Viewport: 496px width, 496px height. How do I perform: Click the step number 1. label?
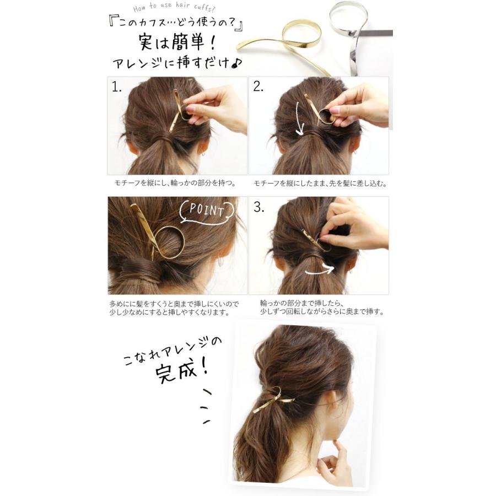click(x=116, y=87)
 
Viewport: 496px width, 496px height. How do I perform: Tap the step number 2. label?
click(x=258, y=87)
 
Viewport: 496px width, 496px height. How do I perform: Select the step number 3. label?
click(x=258, y=207)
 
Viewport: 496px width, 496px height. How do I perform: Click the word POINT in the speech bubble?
click(x=207, y=210)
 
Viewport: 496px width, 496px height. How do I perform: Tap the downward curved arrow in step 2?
click(x=298, y=118)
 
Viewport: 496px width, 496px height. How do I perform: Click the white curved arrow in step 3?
click(x=320, y=271)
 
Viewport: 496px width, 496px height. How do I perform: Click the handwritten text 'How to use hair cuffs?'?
click(x=174, y=8)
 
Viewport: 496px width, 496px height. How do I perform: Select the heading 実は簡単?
click(x=177, y=41)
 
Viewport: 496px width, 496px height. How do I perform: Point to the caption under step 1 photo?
click(x=175, y=183)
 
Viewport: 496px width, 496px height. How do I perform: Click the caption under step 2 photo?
click(x=320, y=184)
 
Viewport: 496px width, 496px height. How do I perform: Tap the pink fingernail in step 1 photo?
click(x=190, y=109)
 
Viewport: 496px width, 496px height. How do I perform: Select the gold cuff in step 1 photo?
click(x=177, y=111)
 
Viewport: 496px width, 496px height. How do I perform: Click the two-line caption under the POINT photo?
click(x=174, y=308)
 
